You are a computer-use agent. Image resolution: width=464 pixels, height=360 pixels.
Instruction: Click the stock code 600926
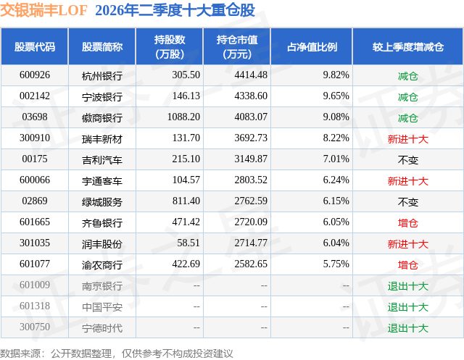[x=35, y=75]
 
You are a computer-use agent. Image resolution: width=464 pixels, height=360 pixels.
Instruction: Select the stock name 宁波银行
[x=102, y=96]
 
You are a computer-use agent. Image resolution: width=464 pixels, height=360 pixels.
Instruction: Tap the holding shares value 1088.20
[x=183, y=117]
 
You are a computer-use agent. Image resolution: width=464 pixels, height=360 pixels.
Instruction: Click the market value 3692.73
[x=251, y=138]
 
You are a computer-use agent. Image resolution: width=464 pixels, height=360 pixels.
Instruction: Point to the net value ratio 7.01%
[x=336, y=159]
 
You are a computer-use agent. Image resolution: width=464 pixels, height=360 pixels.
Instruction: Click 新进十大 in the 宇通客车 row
[x=408, y=181]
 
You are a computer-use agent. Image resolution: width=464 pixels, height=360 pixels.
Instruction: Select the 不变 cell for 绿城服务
[x=408, y=202]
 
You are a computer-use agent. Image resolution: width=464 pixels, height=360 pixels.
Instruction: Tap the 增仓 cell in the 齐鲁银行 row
[x=408, y=223]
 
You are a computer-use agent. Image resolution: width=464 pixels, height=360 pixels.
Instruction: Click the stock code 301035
[x=35, y=243]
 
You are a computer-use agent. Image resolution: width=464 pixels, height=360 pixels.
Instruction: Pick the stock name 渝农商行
[x=102, y=265]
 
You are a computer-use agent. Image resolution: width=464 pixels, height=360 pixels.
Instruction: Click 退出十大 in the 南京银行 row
[x=408, y=286]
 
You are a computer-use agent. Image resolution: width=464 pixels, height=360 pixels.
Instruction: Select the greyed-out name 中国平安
[x=102, y=307]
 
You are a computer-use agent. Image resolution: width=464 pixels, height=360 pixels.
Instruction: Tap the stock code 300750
[x=35, y=327]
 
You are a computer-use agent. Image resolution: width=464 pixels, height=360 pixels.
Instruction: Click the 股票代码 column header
[x=35, y=46]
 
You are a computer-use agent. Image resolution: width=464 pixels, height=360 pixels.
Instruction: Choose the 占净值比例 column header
[x=312, y=46]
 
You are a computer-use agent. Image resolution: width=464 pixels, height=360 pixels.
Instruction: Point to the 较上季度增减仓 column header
[x=408, y=46]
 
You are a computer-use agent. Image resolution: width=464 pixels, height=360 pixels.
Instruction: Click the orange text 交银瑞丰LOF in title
[x=43, y=10]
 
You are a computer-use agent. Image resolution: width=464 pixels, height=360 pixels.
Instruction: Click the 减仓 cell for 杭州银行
[x=408, y=76]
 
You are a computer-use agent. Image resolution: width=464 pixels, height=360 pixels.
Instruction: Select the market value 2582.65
[x=251, y=264]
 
